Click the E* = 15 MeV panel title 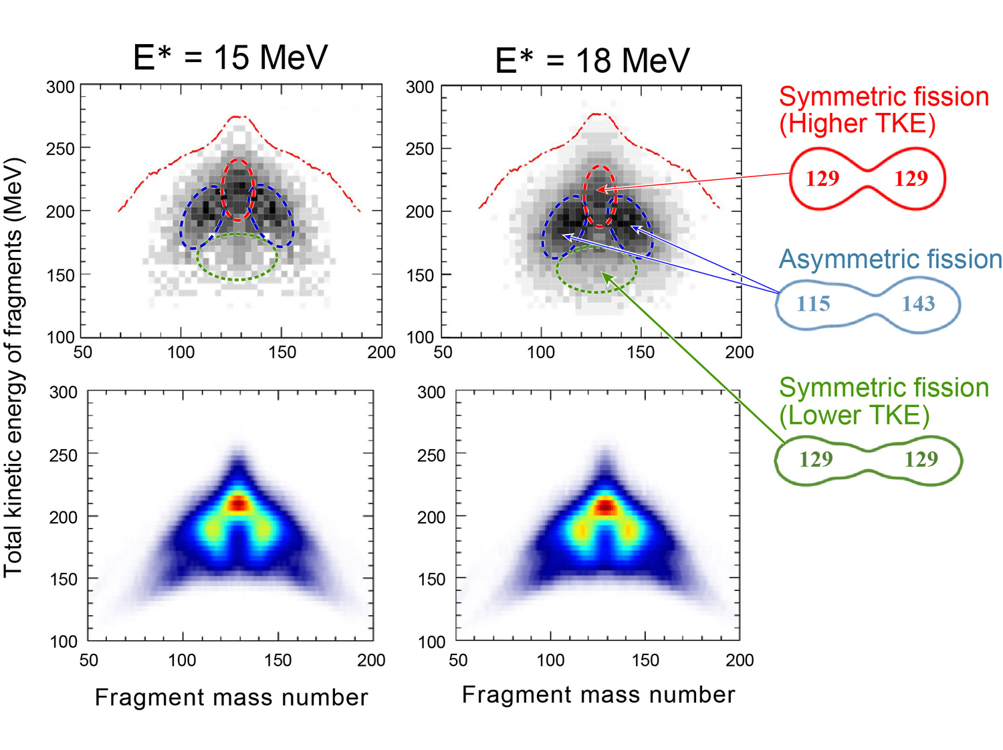tap(231, 57)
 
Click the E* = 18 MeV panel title tap(592, 61)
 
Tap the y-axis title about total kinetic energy tap(14, 368)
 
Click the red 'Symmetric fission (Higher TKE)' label tap(883, 110)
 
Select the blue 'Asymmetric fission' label tap(890, 259)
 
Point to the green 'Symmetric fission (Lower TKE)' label tap(883, 401)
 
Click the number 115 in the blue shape tap(813, 304)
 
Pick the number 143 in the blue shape tap(918, 304)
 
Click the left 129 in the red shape tap(822, 178)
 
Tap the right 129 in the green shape tap(921, 459)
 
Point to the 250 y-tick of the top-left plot tap(60, 148)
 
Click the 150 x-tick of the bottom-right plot tap(645, 660)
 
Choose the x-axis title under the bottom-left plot tap(231, 697)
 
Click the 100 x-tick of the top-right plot tap(541, 352)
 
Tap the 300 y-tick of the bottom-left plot tap(64, 392)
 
